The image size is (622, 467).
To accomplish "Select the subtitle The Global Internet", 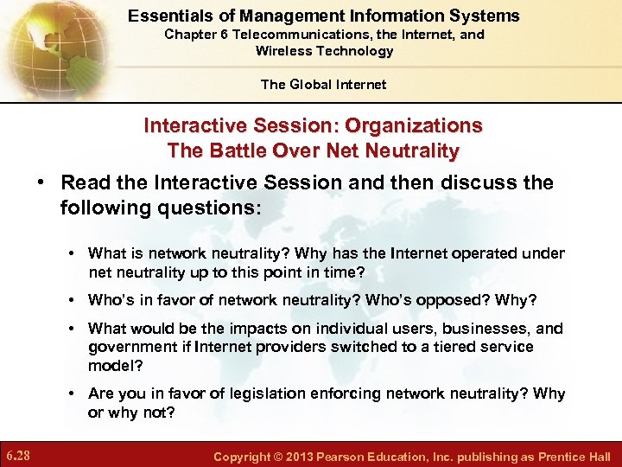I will (x=324, y=84).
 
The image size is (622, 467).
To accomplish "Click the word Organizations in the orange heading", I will (x=414, y=125).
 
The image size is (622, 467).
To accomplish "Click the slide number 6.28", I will (x=18, y=455).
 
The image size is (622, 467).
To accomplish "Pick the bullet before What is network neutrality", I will (x=73, y=254).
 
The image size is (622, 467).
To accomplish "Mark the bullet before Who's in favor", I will (x=73, y=301).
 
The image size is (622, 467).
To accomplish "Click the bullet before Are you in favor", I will (x=73, y=394).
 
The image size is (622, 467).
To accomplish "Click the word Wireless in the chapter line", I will (x=284, y=51).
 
